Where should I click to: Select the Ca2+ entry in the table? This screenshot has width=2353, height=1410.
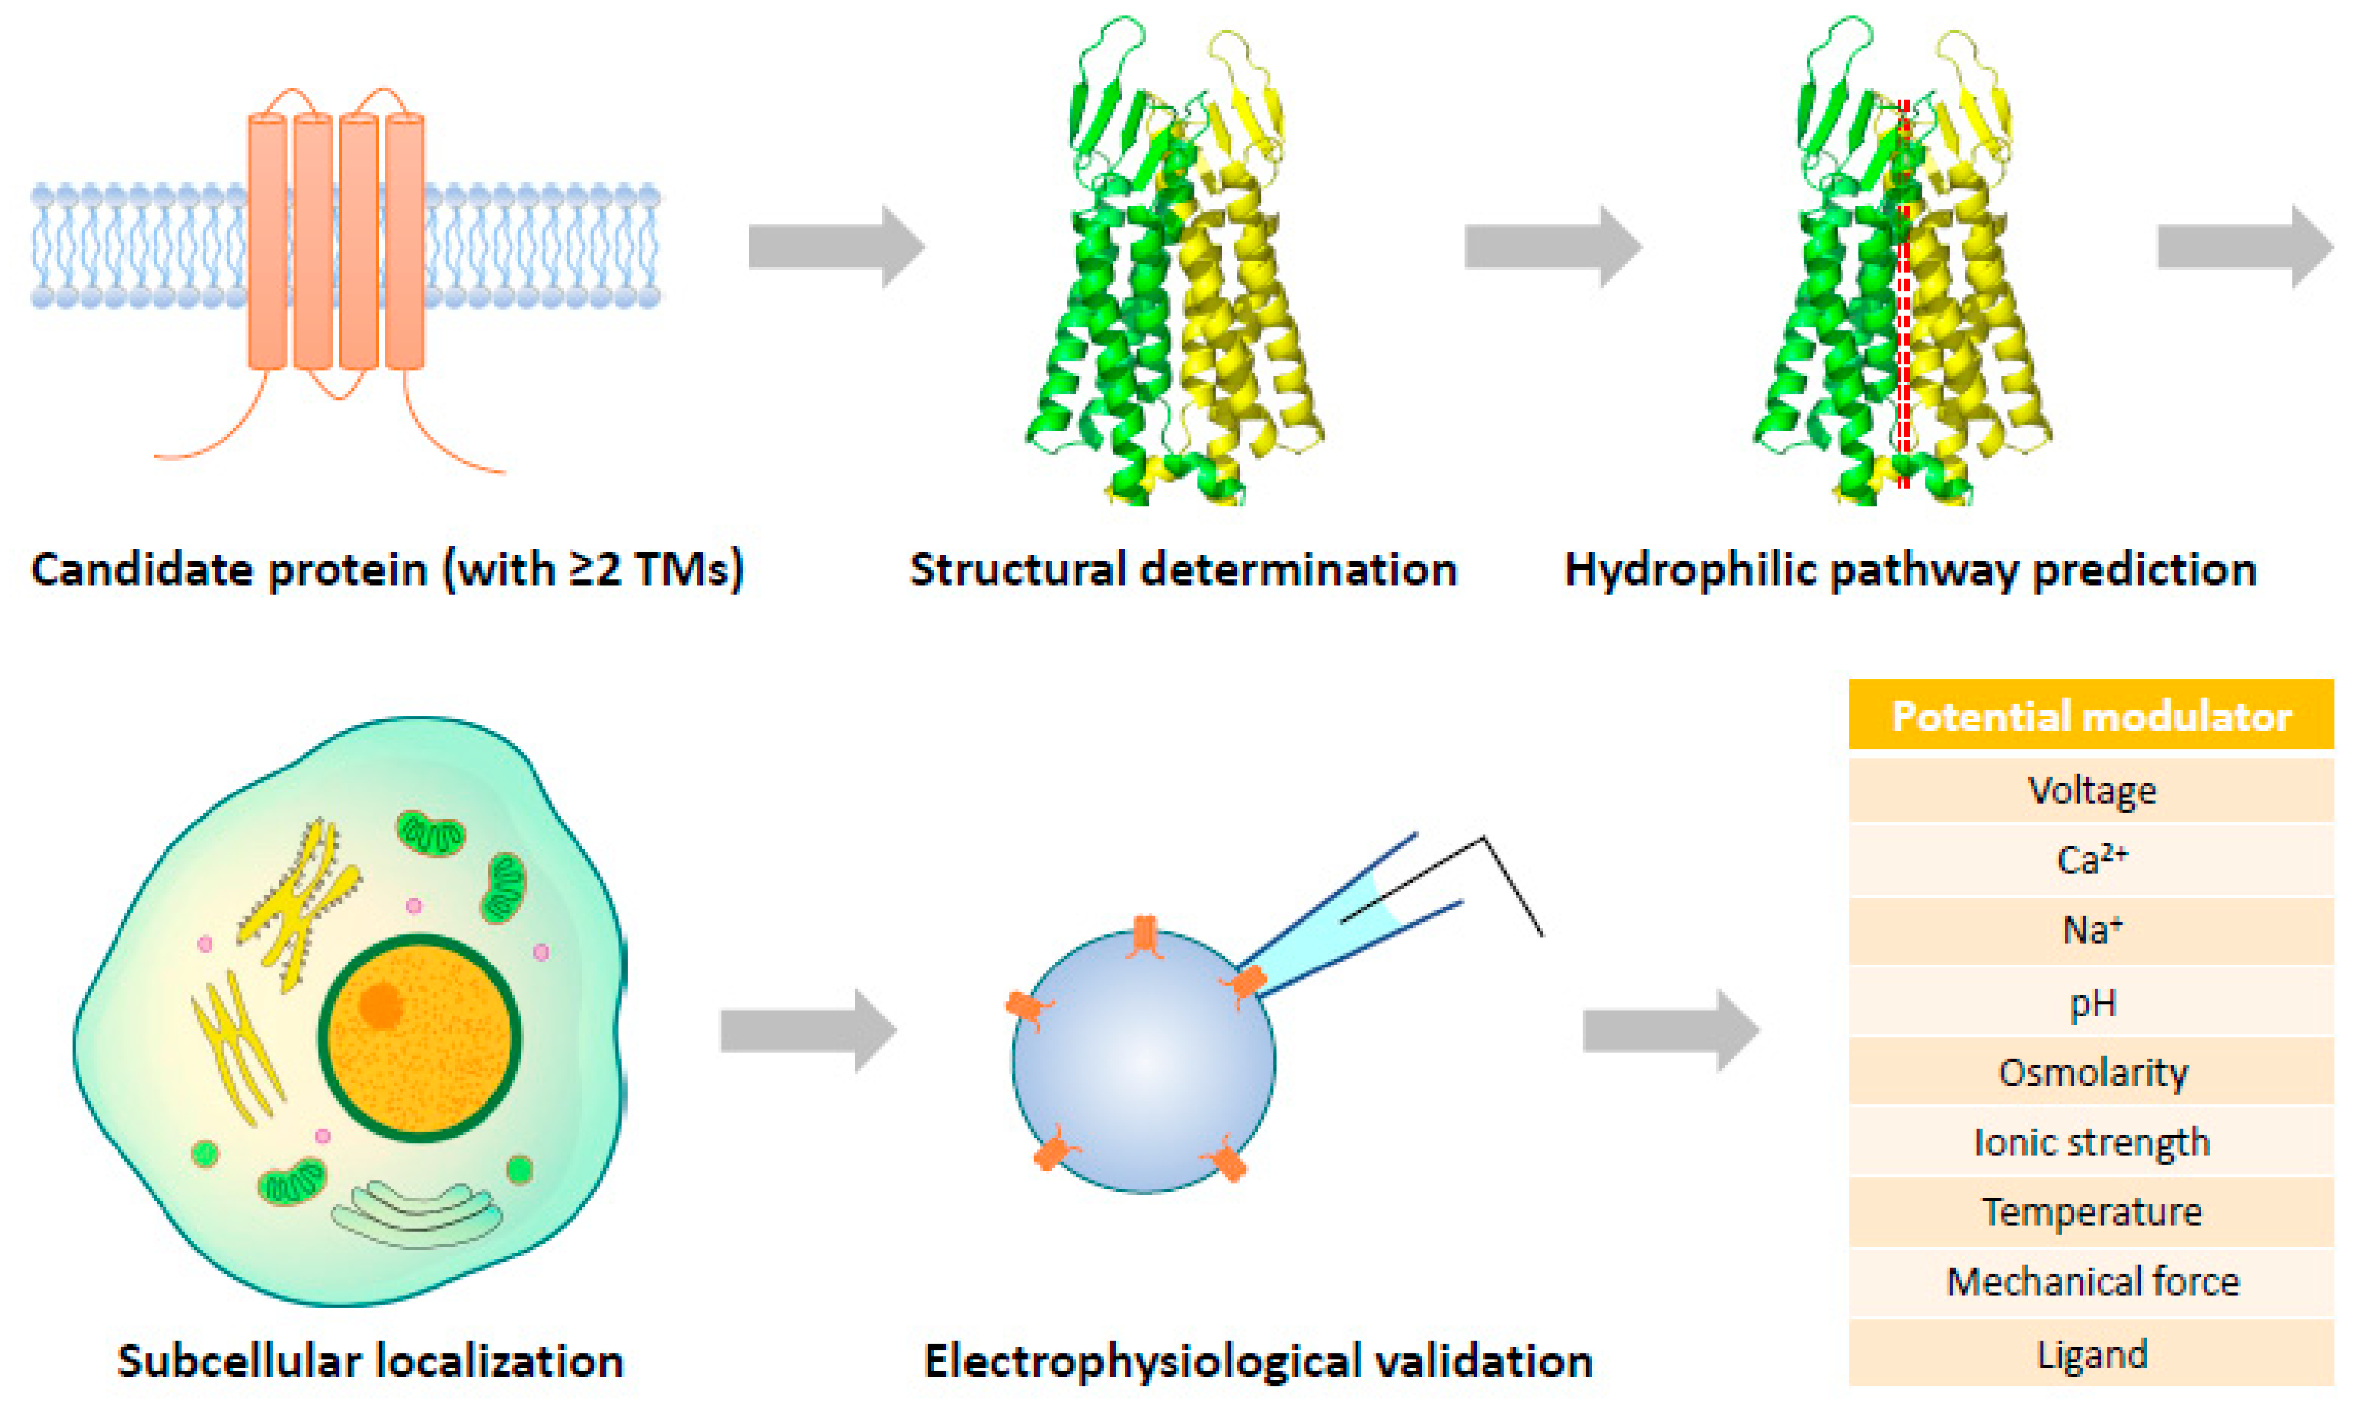click(2091, 860)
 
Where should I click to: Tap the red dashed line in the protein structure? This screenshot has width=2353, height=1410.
click(1904, 304)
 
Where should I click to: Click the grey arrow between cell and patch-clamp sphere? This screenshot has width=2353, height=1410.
click(808, 1031)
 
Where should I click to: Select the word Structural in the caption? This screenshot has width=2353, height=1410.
click(1017, 570)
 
